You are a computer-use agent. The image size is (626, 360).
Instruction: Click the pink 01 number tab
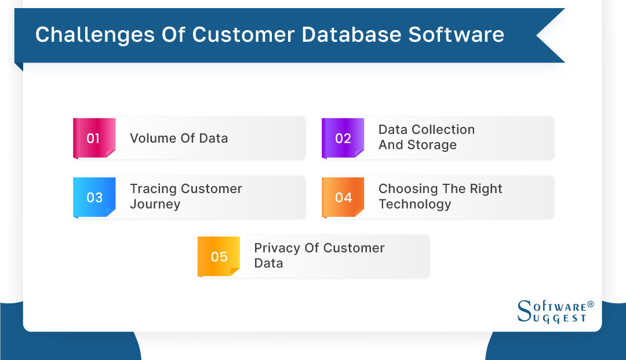[93, 139]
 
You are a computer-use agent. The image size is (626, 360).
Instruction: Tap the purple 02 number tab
[343, 139]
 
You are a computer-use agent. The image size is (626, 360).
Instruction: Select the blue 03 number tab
[94, 198]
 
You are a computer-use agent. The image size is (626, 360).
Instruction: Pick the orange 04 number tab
[343, 198]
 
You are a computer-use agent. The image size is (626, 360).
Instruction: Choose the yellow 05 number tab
[219, 257]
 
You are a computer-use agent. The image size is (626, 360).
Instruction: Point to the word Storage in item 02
[432, 146]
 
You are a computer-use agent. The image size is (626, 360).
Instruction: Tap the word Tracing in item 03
[153, 189]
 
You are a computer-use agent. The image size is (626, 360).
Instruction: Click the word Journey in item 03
[155, 205]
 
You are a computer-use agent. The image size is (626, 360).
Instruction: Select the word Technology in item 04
[414, 205]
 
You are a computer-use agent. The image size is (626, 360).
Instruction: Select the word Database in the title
[347, 35]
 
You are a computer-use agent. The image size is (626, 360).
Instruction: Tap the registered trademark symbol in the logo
[590, 304]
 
